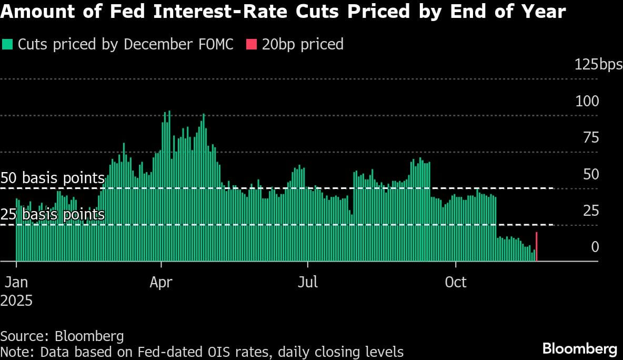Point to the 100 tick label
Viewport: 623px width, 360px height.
pyautogui.click(x=587, y=101)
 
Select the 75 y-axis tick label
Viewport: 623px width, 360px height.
pyautogui.click(x=590, y=138)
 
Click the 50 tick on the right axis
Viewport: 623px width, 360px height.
pyautogui.click(x=590, y=174)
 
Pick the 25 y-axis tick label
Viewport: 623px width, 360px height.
pyautogui.click(x=590, y=211)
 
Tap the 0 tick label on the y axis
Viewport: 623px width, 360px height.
pyautogui.click(x=595, y=247)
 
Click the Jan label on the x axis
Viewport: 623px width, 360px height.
pyautogui.click(x=16, y=282)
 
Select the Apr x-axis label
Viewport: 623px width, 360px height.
pyautogui.click(x=161, y=282)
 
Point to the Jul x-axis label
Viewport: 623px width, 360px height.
pyautogui.click(x=307, y=282)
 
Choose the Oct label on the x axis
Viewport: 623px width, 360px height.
pyautogui.click(x=456, y=282)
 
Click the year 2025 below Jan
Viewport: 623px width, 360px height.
pyautogui.click(x=16, y=301)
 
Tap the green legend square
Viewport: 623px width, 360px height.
pyautogui.click(x=8, y=44)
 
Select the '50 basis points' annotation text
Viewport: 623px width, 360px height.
pyautogui.click(x=53, y=178)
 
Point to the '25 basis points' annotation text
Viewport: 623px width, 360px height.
pyautogui.click(x=53, y=215)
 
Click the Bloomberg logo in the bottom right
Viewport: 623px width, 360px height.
pyautogui.click(x=579, y=348)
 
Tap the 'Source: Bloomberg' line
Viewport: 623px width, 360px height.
pyautogui.click(x=62, y=336)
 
